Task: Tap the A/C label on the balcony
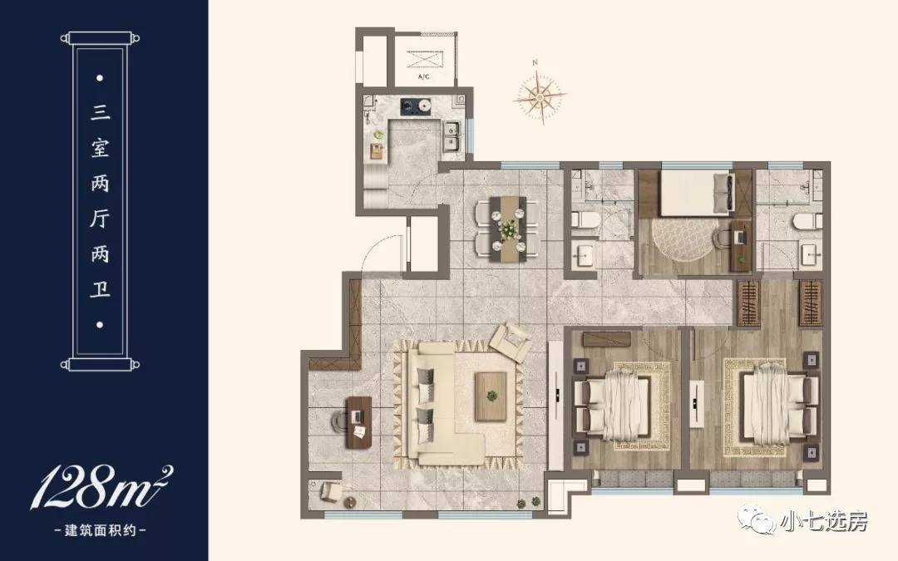(424, 76)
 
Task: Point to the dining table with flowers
(507, 229)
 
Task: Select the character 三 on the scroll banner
(101, 111)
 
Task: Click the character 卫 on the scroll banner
(101, 288)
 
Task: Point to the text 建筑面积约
(101, 530)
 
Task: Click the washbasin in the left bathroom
(585, 255)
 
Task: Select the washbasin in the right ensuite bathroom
(811, 254)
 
